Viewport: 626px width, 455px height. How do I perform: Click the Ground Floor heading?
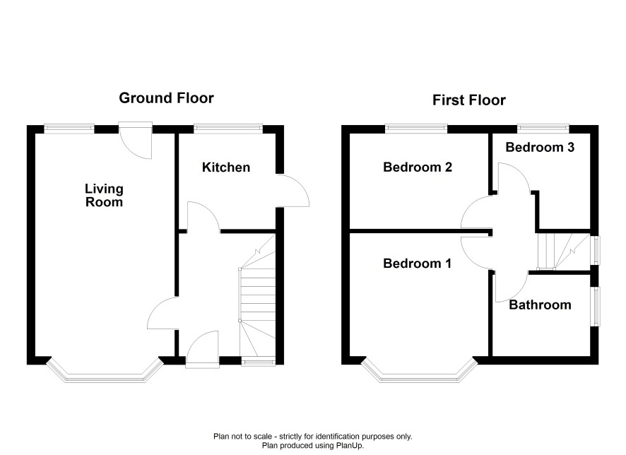[166, 98]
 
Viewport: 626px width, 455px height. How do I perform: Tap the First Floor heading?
[469, 100]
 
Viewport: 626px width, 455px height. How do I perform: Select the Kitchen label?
[226, 167]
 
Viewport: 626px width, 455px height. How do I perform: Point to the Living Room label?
[104, 195]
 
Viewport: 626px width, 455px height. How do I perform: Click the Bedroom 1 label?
[417, 264]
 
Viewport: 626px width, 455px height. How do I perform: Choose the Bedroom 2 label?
[418, 167]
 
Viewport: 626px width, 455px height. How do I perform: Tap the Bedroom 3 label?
[540, 147]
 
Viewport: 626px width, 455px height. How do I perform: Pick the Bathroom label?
[541, 305]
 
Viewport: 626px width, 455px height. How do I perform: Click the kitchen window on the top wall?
[228, 129]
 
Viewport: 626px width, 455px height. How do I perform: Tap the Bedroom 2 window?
[416, 129]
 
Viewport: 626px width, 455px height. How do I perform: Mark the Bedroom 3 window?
[543, 129]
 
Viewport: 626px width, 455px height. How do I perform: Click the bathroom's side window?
[595, 307]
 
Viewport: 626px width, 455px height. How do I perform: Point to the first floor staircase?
[563, 251]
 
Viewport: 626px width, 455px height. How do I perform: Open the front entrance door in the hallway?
[202, 347]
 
